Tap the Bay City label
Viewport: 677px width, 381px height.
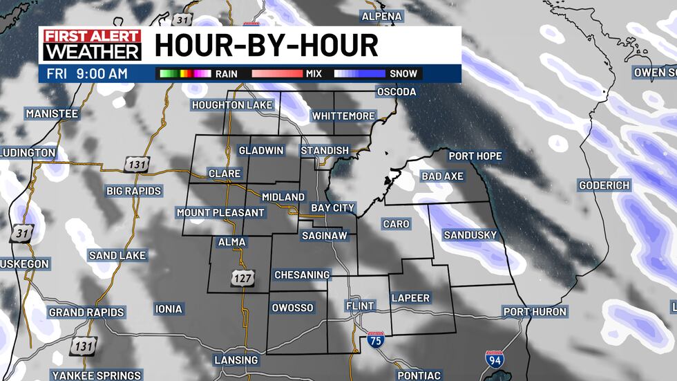(x=332, y=207)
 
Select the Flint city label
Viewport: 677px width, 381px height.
(x=360, y=306)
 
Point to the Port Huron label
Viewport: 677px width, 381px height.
(x=535, y=312)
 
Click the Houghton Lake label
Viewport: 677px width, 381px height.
(x=233, y=104)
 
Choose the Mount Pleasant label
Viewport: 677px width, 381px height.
(x=220, y=212)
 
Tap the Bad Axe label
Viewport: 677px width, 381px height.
(x=442, y=176)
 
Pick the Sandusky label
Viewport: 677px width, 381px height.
(x=470, y=235)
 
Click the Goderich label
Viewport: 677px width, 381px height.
(x=604, y=185)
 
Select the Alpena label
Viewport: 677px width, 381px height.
(x=381, y=16)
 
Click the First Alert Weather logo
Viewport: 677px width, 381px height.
(x=90, y=45)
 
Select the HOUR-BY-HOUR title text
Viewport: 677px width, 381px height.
(x=266, y=46)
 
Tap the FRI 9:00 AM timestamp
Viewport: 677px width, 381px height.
(x=87, y=73)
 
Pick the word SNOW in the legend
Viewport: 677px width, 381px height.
(x=404, y=73)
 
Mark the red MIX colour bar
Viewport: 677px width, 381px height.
(x=276, y=73)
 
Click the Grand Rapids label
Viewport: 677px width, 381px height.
(x=86, y=313)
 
